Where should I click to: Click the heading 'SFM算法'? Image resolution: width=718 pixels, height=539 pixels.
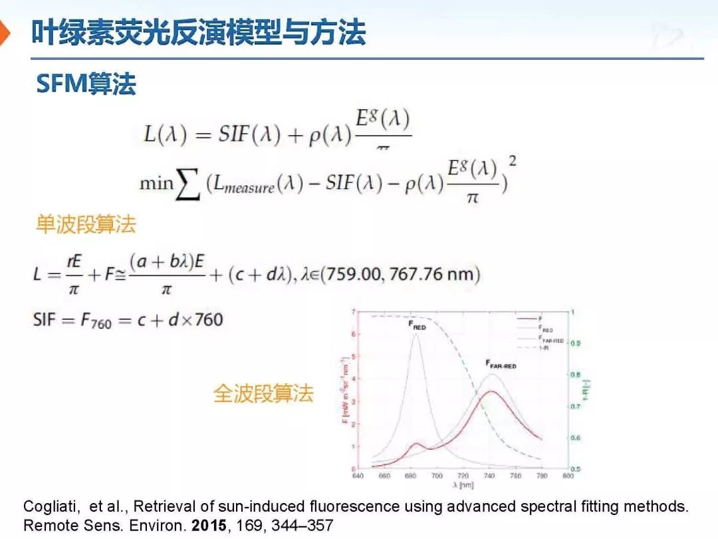click(x=86, y=84)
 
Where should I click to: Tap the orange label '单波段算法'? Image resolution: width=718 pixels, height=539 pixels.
click(x=86, y=224)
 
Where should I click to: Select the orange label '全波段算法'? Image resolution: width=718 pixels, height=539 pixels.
click(x=263, y=393)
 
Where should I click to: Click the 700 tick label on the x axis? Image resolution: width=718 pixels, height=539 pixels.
click(x=437, y=476)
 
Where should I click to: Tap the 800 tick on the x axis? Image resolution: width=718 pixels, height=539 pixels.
click(x=568, y=476)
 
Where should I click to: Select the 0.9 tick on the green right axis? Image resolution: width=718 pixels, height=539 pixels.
click(x=576, y=343)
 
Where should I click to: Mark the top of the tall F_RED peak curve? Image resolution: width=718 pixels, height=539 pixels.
click(x=416, y=335)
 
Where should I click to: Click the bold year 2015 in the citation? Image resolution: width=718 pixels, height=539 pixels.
click(x=208, y=526)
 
